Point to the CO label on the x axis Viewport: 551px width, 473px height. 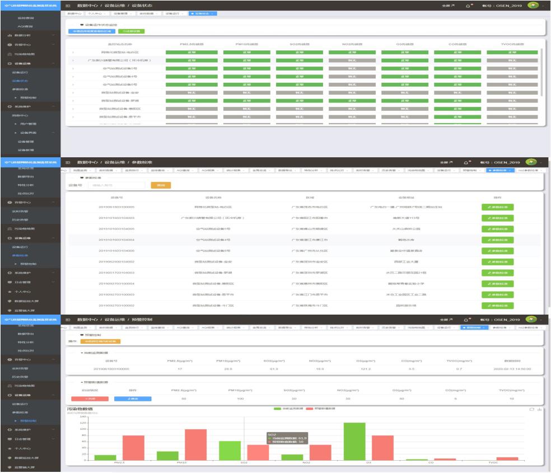(x=430, y=463)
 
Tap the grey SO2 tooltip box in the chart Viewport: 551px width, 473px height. (x=287, y=437)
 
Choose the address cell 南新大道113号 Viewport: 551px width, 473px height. (x=401, y=217)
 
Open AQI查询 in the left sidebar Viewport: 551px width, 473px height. (x=25, y=26)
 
